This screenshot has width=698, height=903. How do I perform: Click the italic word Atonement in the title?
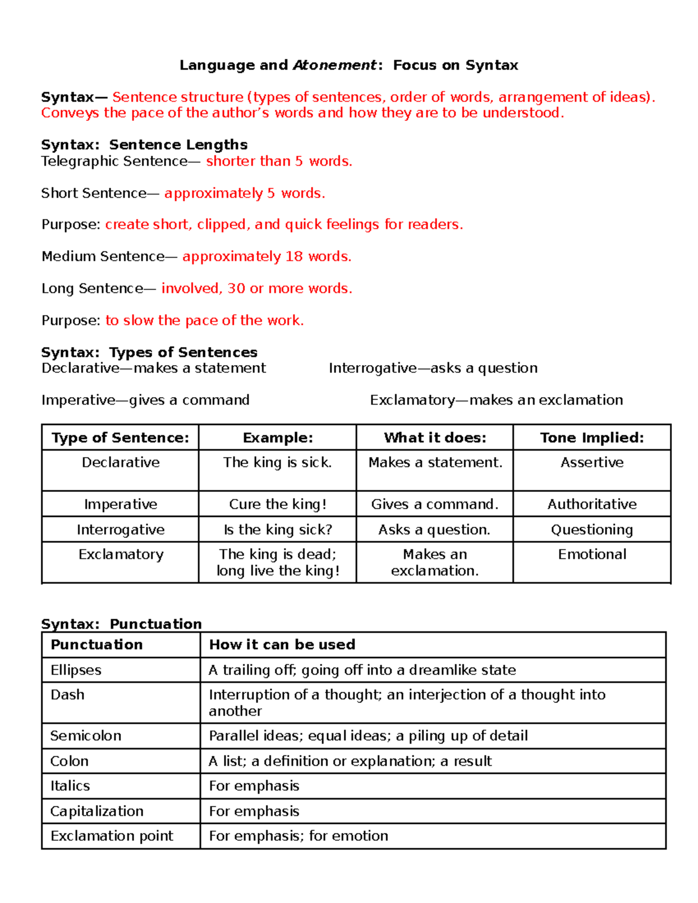[x=334, y=65]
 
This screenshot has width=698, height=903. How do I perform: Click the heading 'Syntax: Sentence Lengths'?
[x=144, y=145]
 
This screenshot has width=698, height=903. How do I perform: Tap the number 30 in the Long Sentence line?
[x=236, y=288]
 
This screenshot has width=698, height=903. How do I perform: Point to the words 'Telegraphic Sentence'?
[x=114, y=161]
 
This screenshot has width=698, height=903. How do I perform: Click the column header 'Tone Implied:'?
[x=592, y=438]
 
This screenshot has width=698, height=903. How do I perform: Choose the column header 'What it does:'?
[x=435, y=438]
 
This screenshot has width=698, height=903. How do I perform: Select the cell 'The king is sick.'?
[x=277, y=462]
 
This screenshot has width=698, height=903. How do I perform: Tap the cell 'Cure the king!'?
[x=277, y=504]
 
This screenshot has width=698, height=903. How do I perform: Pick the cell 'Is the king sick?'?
[x=277, y=530]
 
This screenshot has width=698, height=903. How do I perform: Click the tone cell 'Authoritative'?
[x=592, y=504]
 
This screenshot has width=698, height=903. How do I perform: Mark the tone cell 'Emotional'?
[x=592, y=554]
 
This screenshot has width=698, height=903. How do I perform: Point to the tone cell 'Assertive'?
[x=592, y=462]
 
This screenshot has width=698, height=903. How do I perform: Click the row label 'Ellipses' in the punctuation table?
[x=76, y=670]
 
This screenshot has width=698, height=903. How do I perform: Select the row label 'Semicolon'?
[x=86, y=736]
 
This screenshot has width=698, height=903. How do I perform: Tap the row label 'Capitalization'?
[x=97, y=811]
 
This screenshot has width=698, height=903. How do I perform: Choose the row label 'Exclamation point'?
[x=112, y=836]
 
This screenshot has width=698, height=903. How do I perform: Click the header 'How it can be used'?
[x=282, y=644]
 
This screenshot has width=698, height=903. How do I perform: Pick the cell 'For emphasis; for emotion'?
[x=298, y=836]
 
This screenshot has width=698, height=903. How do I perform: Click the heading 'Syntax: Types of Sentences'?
[x=149, y=352]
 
